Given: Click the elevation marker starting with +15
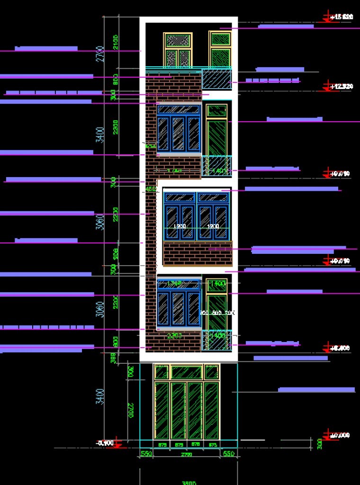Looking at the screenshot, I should pos(341,17).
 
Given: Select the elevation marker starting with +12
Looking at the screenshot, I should pos(341,86).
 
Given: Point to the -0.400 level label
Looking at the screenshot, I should pos(105,443).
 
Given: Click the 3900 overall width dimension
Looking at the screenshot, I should pos(189,483).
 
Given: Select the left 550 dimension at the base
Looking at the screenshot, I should pos(146,454).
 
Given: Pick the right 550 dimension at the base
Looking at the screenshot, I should pos(229,454).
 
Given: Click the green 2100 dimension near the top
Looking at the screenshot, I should pos(116,43).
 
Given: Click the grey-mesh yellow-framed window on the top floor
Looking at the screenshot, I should pos(178,49).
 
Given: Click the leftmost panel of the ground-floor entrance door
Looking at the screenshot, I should pos(162,410).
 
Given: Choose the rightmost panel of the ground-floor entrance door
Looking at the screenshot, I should pos(212,410).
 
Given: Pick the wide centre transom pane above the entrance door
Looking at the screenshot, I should pos(187,372).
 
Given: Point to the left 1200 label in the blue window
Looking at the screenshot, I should pos(180,227).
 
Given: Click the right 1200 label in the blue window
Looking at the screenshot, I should pos(213,227).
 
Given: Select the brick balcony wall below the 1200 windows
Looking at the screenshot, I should pos(198,253).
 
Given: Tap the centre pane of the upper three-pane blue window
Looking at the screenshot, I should pos(178,133).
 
